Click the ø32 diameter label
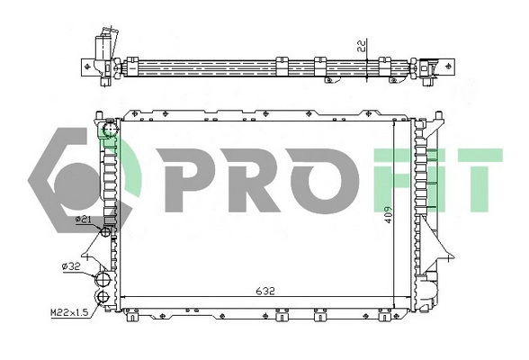click(x=71, y=265)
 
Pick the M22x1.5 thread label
click(x=68, y=312)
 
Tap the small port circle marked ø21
click(x=105, y=231)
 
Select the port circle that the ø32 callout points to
click(x=102, y=277)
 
